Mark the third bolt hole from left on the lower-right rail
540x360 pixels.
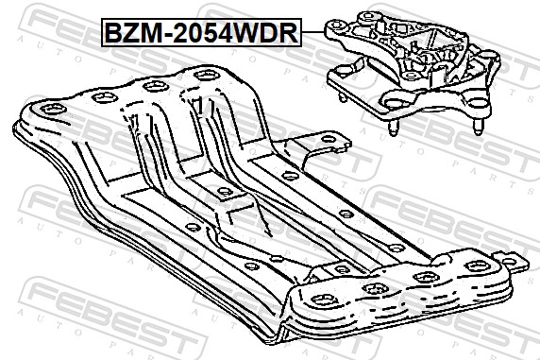click(x=421, y=276)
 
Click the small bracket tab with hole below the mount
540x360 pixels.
click(x=330, y=146)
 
